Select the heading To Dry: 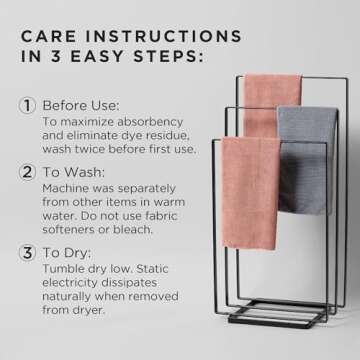pos(72,253)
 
